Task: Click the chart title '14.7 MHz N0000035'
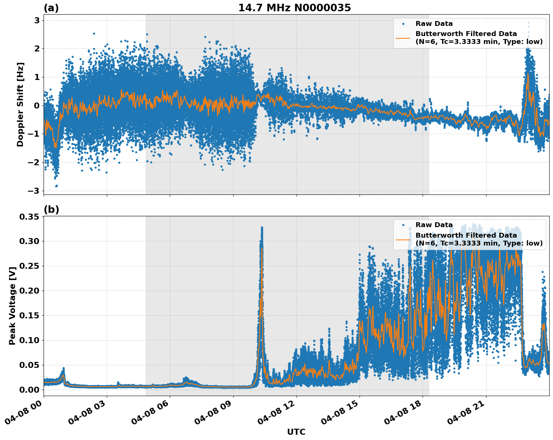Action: coord(294,8)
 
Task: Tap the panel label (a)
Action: coord(51,8)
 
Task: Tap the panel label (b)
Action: coord(51,209)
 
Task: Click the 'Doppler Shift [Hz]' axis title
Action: coord(20,104)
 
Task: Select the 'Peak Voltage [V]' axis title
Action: coord(12,306)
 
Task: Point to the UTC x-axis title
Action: coord(296,432)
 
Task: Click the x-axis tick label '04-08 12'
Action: coord(276,413)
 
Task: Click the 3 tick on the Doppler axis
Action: coord(37,20)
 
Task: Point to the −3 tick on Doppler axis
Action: coord(34,191)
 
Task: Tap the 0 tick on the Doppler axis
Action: coord(37,105)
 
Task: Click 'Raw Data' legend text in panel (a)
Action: coord(434,24)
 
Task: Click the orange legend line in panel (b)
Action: coord(403,239)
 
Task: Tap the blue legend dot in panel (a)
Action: coord(403,24)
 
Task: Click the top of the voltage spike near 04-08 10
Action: coord(262,228)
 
